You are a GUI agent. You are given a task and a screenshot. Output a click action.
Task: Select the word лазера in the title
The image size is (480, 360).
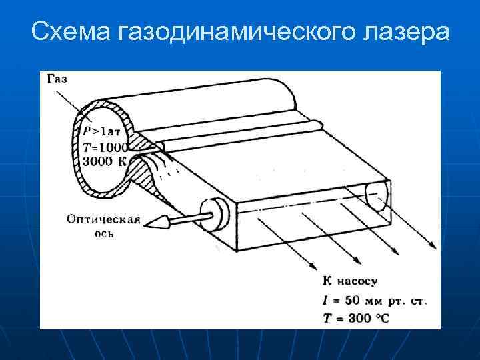click(399, 31)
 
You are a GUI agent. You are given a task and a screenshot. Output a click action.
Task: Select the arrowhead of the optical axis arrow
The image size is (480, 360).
click(156, 223)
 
